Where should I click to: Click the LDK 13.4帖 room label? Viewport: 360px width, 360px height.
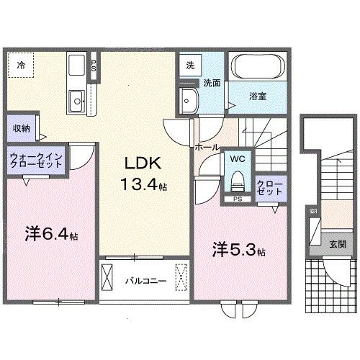(144, 172)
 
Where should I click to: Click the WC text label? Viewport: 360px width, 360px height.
(237, 158)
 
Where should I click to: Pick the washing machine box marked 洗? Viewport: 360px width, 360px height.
(189, 64)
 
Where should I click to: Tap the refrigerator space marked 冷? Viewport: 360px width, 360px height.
(22, 66)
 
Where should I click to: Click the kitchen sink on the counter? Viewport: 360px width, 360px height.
(76, 99)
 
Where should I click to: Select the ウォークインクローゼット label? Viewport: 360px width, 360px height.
(36, 159)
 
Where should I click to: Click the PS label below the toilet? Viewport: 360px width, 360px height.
(236, 198)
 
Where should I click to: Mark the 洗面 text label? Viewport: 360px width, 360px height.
(210, 84)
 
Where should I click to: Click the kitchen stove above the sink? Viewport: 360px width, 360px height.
(76, 68)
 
